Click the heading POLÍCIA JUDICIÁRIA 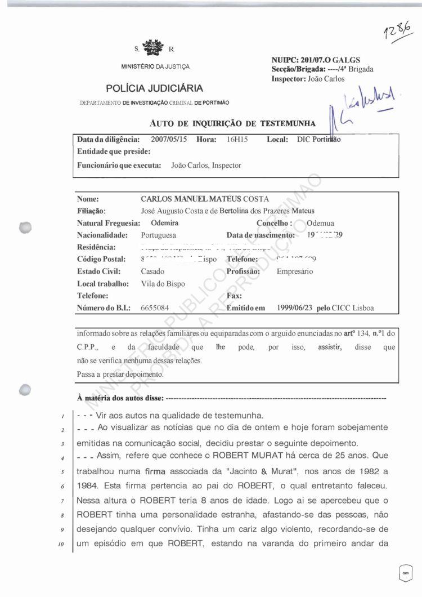pyautogui.click(x=155, y=88)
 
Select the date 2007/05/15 pyautogui.click(x=170, y=139)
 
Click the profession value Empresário pyautogui.click(x=296, y=271)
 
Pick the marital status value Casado pyautogui.click(x=153, y=271)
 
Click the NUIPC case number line pyautogui.click(x=316, y=60)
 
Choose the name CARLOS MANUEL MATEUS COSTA pyautogui.click(x=205, y=199)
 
